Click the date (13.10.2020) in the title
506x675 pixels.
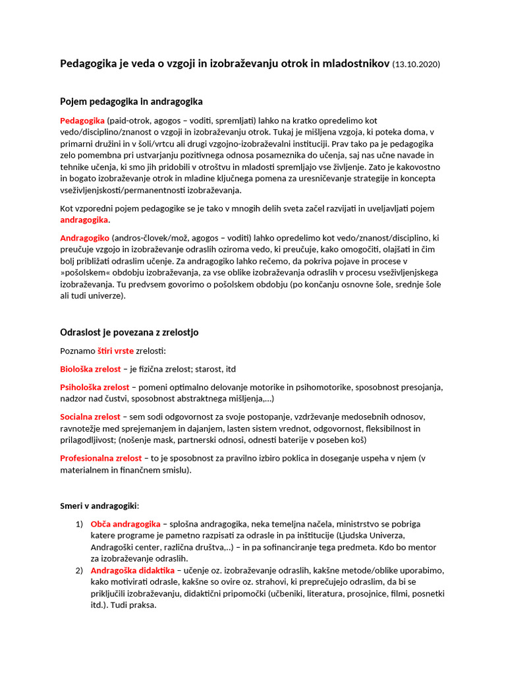point(416,65)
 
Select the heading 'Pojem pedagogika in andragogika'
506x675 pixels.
point(131,102)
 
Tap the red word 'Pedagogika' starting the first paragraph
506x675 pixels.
point(82,121)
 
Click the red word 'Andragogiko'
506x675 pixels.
point(85,237)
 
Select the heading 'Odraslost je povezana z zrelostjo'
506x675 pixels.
point(129,332)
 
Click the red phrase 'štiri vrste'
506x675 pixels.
point(115,351)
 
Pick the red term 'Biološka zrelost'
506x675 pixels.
point(91,369)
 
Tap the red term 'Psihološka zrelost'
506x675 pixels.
point(94,387)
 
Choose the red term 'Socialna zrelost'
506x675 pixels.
point(90,417)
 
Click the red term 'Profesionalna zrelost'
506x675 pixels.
point(101,457)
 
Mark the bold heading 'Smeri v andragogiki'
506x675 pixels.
point(99,506)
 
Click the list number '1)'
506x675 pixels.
point(79,524)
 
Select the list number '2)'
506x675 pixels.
point(79,570)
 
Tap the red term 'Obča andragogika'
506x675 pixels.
point(125,524)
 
